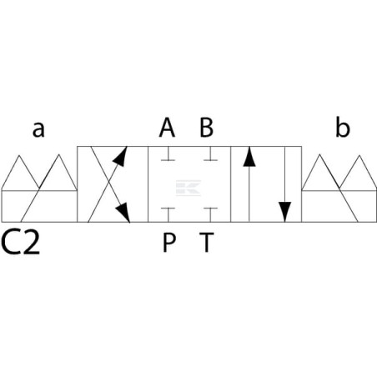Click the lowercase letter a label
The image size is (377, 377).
pos(38,130)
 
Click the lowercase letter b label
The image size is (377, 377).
pos(343,128)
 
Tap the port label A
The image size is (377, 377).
pos(167,128)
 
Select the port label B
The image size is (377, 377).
pos(207,128)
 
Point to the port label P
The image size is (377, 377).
pos(168,243)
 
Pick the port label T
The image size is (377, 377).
pos(207,243)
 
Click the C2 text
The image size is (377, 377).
pos(21,243)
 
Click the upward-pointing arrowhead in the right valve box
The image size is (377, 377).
pos(249,158)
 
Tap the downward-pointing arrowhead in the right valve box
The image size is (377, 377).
pos(284,212)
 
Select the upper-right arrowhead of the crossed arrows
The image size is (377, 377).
pos(121,157)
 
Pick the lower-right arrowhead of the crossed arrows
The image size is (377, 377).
pos(123,213)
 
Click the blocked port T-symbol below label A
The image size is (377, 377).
pos(168,153)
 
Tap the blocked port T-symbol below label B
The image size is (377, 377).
pos(210,153)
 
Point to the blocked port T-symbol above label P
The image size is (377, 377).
pos(168,214)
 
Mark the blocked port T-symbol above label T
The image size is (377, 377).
pos(210,214)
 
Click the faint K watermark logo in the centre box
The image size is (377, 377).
pos(188,188)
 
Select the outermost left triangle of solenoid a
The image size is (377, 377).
pos(19,173)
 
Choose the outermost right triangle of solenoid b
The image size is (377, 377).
pos(359,173)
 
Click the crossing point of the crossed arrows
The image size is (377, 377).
pos(108,184)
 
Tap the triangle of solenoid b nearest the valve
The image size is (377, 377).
pos(320,173)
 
